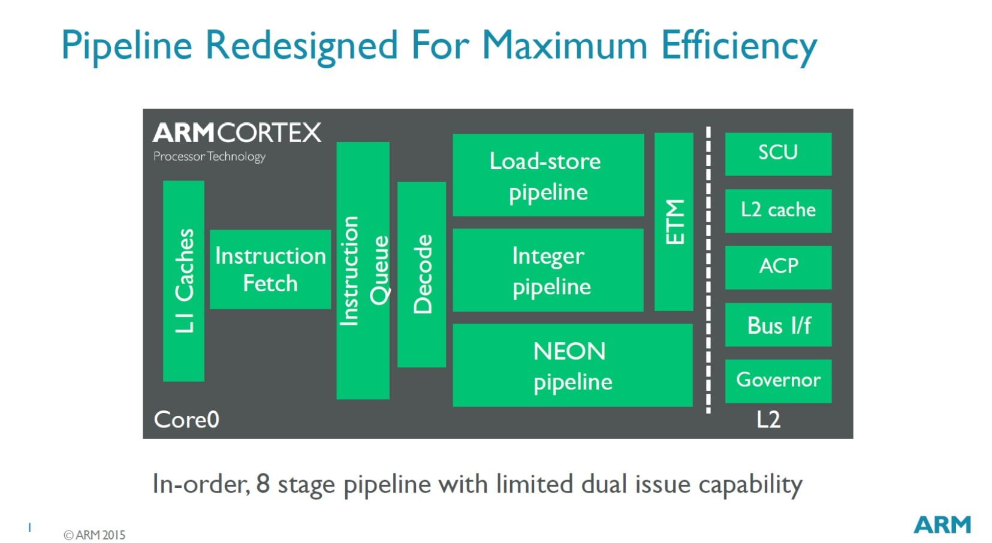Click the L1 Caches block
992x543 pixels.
tap(183, 280)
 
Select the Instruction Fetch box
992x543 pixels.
tap(270, 269)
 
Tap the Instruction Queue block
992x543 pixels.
tap(363, 270)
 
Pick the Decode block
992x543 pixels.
tap(421, 274)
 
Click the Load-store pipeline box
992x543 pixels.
tap(548, 175)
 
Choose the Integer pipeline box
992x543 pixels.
tap(548, 270)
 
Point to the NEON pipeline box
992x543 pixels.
tap(572, 365)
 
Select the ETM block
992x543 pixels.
tap(674, 222)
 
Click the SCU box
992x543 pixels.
tap(778, 154)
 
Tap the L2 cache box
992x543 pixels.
tap(778, 210)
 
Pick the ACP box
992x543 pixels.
tap(778, 267)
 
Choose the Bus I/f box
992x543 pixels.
tap(778, 324)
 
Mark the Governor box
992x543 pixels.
tap(778, 381)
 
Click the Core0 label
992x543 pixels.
tap(186, 420)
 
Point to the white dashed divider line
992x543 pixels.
tap(708, 270)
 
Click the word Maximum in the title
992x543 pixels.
tap(565, 46)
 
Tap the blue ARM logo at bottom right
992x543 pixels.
tap(942, 524)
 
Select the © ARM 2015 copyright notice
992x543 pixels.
tap(95, 535)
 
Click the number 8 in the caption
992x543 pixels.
tap(263, 484)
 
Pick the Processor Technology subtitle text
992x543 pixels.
tap(209, 156)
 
